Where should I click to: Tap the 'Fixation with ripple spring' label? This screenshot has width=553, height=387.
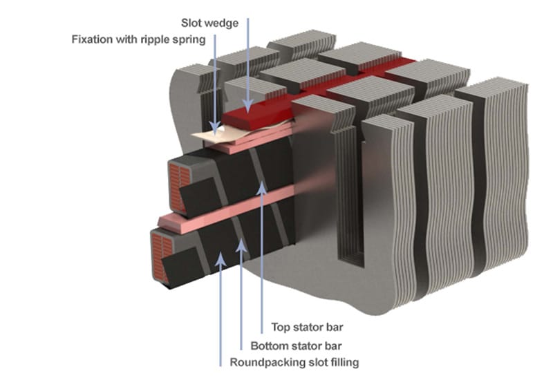[139, 39]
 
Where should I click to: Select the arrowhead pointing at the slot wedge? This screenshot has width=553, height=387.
[247, 102]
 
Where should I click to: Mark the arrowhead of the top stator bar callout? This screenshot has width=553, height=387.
[262, 185]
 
